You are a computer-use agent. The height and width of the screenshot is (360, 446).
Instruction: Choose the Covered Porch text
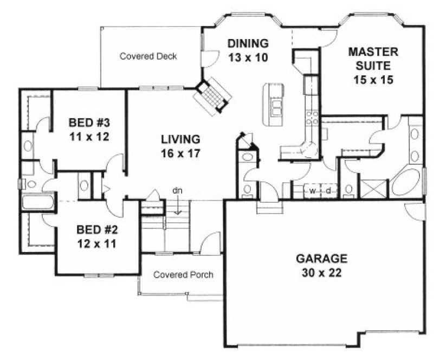(x=183, y=275)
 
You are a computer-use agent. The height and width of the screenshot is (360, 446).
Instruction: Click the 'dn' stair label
(x=177, y=190)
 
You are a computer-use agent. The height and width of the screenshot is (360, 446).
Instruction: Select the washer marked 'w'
(x=313, y=191)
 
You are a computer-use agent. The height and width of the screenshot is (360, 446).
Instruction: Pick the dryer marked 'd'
(x=328, y=191)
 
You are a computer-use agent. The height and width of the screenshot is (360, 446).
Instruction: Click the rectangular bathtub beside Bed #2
(x=37, y=204)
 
